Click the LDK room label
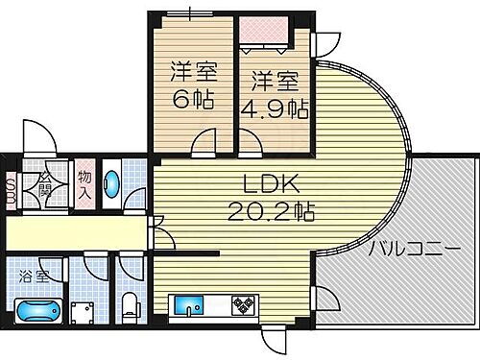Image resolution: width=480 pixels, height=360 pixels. [x=271, y=182]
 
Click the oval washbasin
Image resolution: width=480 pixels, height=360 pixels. [x=111, y=181]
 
